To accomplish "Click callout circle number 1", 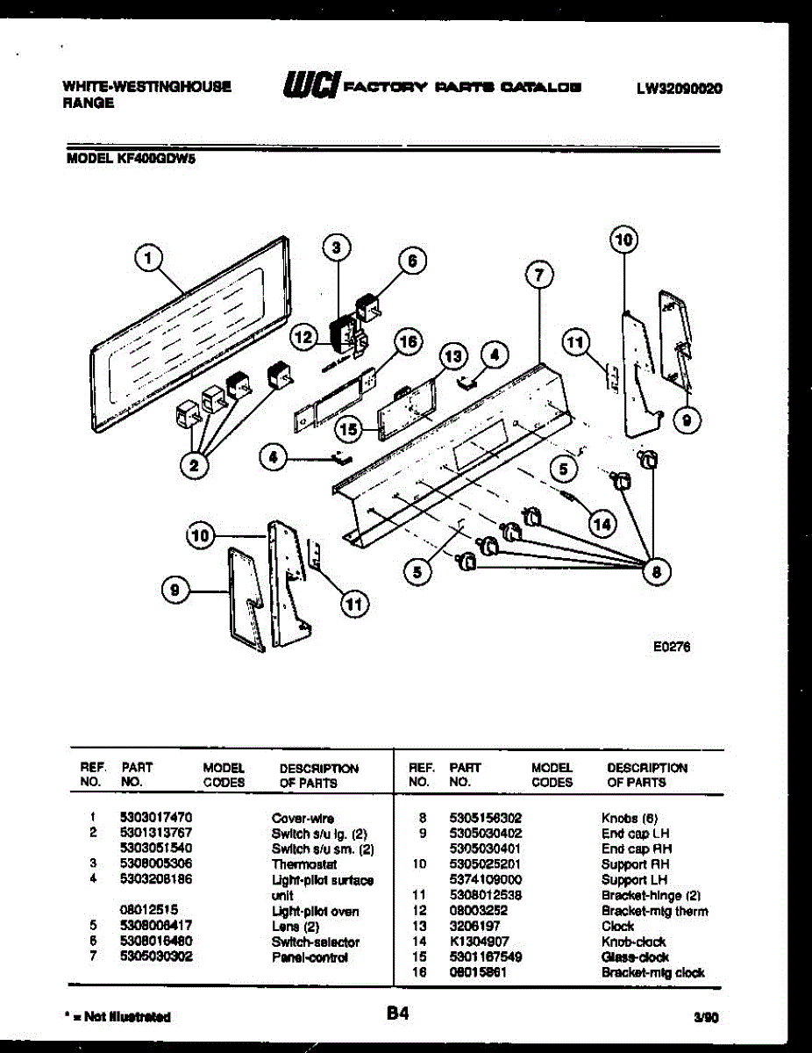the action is coord(150,258).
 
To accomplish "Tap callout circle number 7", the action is coord(539,276).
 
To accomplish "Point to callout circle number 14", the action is coord(602,524).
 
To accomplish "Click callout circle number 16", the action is coord(409,341).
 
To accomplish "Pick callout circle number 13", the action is coord(452,357).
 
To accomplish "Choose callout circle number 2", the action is coord(199,465).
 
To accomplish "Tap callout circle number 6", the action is coord(411,261).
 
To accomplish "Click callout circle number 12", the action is coord(303,336).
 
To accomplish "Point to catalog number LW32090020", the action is coord(680,88).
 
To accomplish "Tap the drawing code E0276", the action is coord(672,647).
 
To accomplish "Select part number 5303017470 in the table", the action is coord(156,817).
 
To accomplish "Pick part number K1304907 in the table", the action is coord(479,942).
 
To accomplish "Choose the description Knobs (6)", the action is coord(625,817).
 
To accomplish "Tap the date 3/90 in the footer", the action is coord(705,1018).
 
